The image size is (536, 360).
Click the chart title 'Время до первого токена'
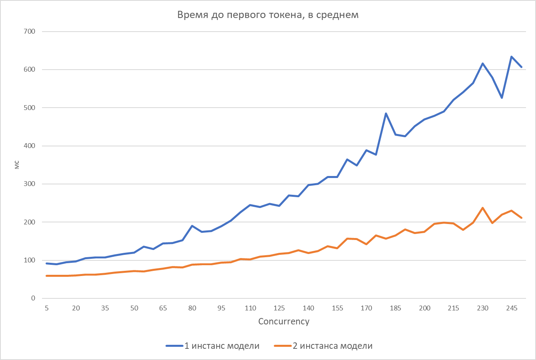pyautogui.click(x=268, y=15)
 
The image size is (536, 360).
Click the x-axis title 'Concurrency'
pyautogui.click(x=284, y=321)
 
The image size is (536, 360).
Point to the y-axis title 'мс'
pyautogui.click(x=17, y=165)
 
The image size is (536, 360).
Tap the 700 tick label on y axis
pyautogui.click(x=30, y=32)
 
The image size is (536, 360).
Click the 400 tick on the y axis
pyautogui.click(x=30, y=146)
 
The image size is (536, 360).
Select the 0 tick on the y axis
pyautogui.click(x=33, y=298)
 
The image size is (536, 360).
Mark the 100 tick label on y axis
pyautogui.click(x=30, y=260)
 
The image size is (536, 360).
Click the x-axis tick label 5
pyautogui.click(x=47, y=308)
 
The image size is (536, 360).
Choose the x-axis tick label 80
pyautogui.click(x=192, y=308)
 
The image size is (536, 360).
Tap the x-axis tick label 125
pyautogui.click(x=279, y=308)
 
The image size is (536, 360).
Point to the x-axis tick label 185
pyautogui.click(x=396, y=308)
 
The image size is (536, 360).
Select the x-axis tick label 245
pyautogui.click(x=512, y=308)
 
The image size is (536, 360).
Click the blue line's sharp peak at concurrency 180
pyautogui.click(x=386, y=114)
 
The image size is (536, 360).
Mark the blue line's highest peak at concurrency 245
pyautogui.click(x=512, y=57)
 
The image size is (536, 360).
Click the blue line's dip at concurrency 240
pyautogui.click(x=502, y=98)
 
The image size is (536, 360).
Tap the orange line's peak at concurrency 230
pyautogui.click(x=483, y=208)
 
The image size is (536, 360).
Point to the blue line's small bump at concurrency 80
pyautogui.click(x=192, y=226)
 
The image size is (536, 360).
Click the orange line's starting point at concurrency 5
pyautogui.click(x=47, y=276)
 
